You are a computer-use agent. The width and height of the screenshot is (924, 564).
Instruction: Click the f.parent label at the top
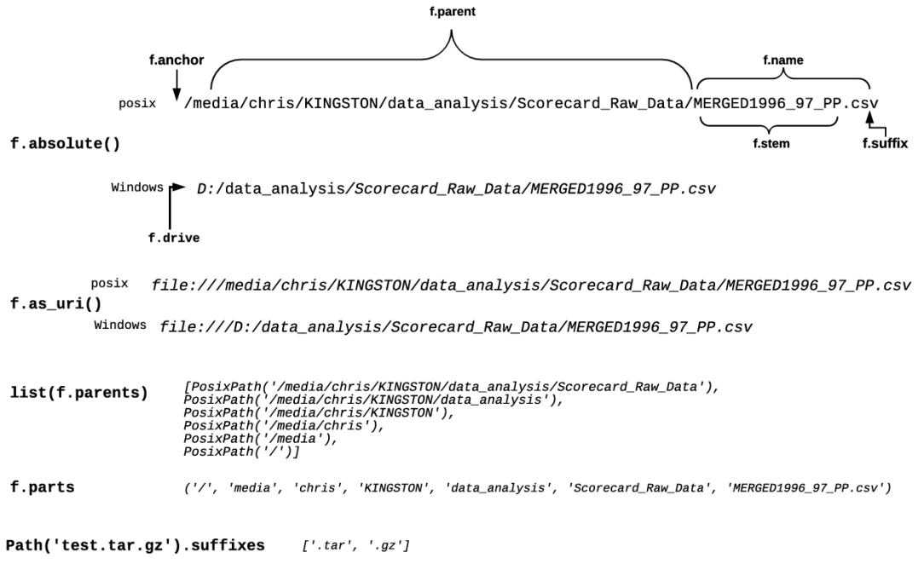point(453,12)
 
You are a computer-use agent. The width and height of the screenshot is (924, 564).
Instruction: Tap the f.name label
point(783,60)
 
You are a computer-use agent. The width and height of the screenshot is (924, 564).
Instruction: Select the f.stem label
point(770,144)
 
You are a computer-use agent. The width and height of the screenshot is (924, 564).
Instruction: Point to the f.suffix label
point(885,144)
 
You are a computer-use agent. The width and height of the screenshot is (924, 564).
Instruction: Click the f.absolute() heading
point(65,143)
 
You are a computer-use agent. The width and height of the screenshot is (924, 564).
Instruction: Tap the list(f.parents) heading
point(78,393)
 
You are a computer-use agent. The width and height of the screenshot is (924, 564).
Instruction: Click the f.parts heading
point(42,487)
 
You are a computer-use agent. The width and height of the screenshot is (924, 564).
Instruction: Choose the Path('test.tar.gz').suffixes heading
point(135,544)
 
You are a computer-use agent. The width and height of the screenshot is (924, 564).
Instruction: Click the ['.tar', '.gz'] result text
point(355,544)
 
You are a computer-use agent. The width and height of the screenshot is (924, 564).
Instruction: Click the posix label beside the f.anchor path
point(137,104)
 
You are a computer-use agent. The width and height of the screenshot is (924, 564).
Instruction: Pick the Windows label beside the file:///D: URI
point(120,325)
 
